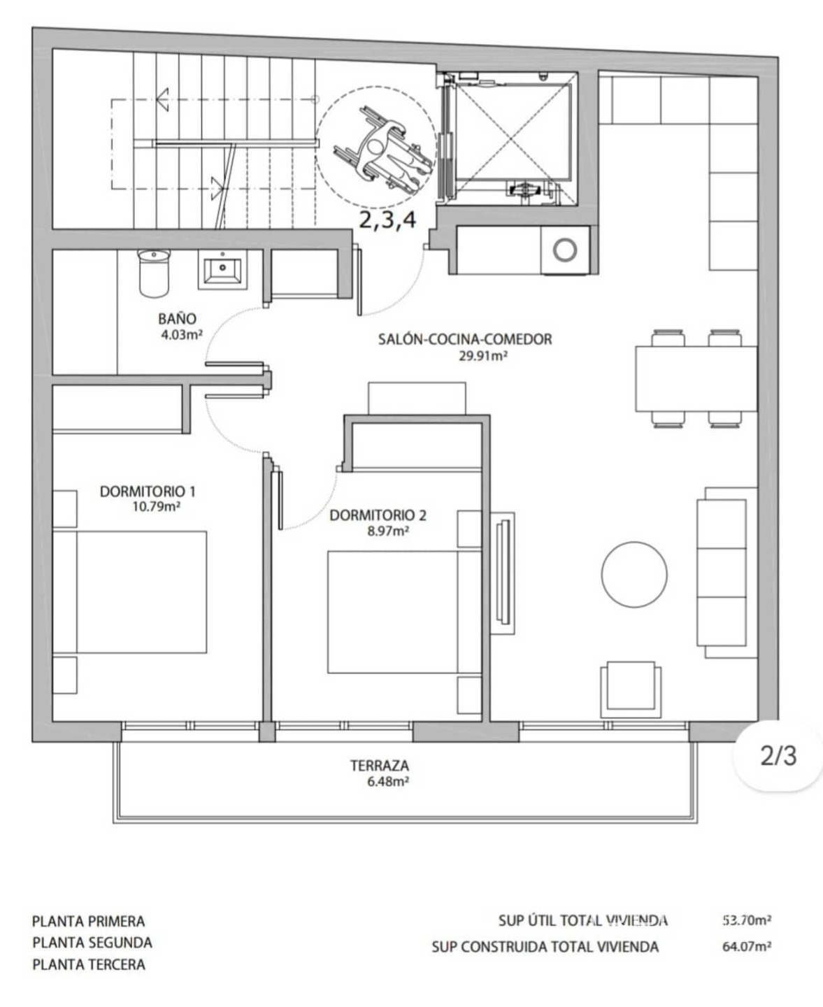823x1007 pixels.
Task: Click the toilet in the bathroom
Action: click(153, 273)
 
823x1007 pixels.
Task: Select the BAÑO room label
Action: click(177, 318)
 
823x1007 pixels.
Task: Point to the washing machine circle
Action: click(565, 250)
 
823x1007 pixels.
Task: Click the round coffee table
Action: click(634, 574)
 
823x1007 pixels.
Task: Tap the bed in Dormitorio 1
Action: click(129, 592)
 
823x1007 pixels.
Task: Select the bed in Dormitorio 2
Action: click(404, 612)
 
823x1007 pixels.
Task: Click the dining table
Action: click(696, 378)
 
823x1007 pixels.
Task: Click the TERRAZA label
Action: click(380, 766)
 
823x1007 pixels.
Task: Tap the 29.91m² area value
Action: click(482, 356)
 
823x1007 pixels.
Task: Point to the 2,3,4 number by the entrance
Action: click(387, 220)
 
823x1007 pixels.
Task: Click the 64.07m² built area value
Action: click(747, 946)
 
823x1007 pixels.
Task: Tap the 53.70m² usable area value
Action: click(747, 920)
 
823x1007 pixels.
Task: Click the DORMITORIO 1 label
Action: click(148, 492)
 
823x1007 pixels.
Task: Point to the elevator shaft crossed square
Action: click(514, 132)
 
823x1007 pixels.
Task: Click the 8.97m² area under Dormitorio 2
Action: click(388, 531)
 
